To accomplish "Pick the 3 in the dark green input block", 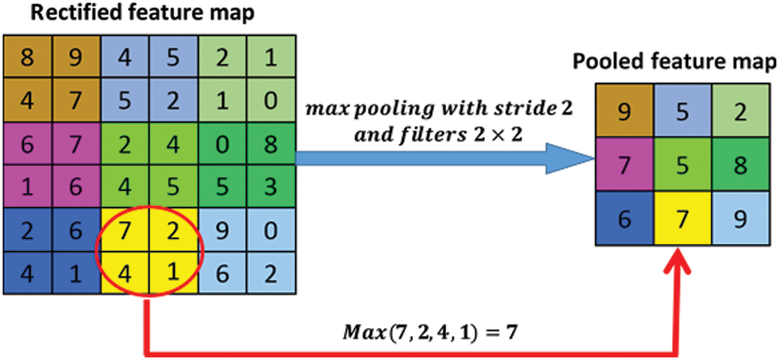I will [271, 188].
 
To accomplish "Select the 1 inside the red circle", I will [173, 274].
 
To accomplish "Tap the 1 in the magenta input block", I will [28, 188].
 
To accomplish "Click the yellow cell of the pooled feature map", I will [683, 219].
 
